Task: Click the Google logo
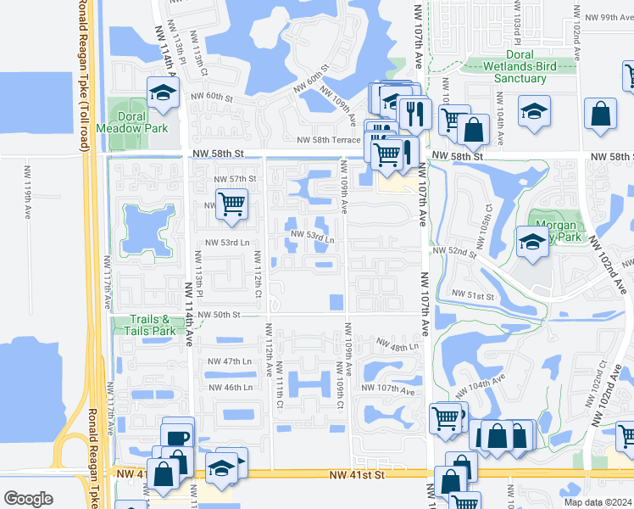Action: point(28,498)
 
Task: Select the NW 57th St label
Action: point(235,179)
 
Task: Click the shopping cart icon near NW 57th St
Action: point(231,204)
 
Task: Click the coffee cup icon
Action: point(178,438)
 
